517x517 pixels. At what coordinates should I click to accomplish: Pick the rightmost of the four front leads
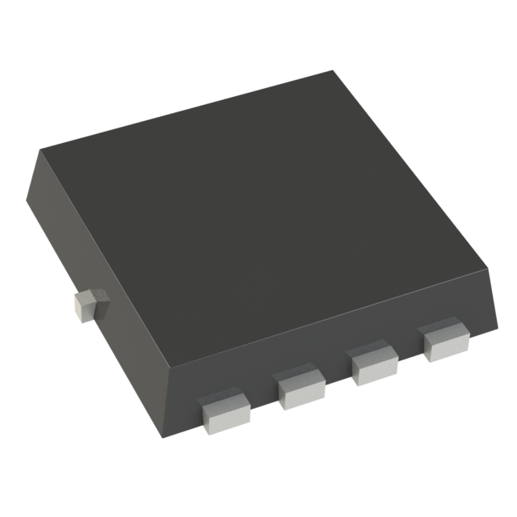(x=445, y=342)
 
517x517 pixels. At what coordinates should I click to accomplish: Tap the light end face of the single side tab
(x=83, y=309)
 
